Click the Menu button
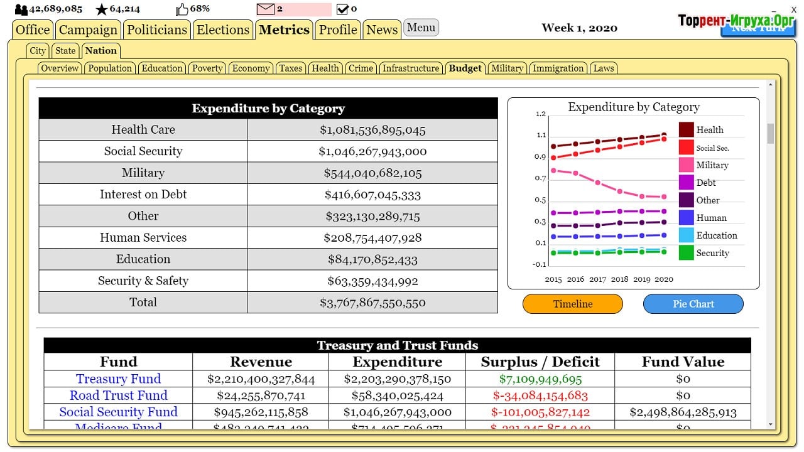click(421, 28)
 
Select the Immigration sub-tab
click(558, 68)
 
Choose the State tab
click(65, 51)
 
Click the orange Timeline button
click(572, 304)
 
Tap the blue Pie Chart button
click(693, 304)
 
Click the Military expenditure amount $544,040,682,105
click(372, 173)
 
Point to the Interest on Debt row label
click(143, 195)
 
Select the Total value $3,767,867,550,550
click(372, 303)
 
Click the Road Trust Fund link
click(118, 395)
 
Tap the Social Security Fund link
click(118, 412)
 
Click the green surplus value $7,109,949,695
click(540, 379)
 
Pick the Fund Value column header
click(683, 362)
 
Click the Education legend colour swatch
click(686, 235)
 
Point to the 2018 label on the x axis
click(619, 279)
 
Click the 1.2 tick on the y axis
click(540, 114)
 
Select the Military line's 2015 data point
click(553, 170)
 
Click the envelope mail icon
click(266, 9)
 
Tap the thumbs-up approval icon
click(182, 9)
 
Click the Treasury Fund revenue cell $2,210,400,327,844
click(261, 379)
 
